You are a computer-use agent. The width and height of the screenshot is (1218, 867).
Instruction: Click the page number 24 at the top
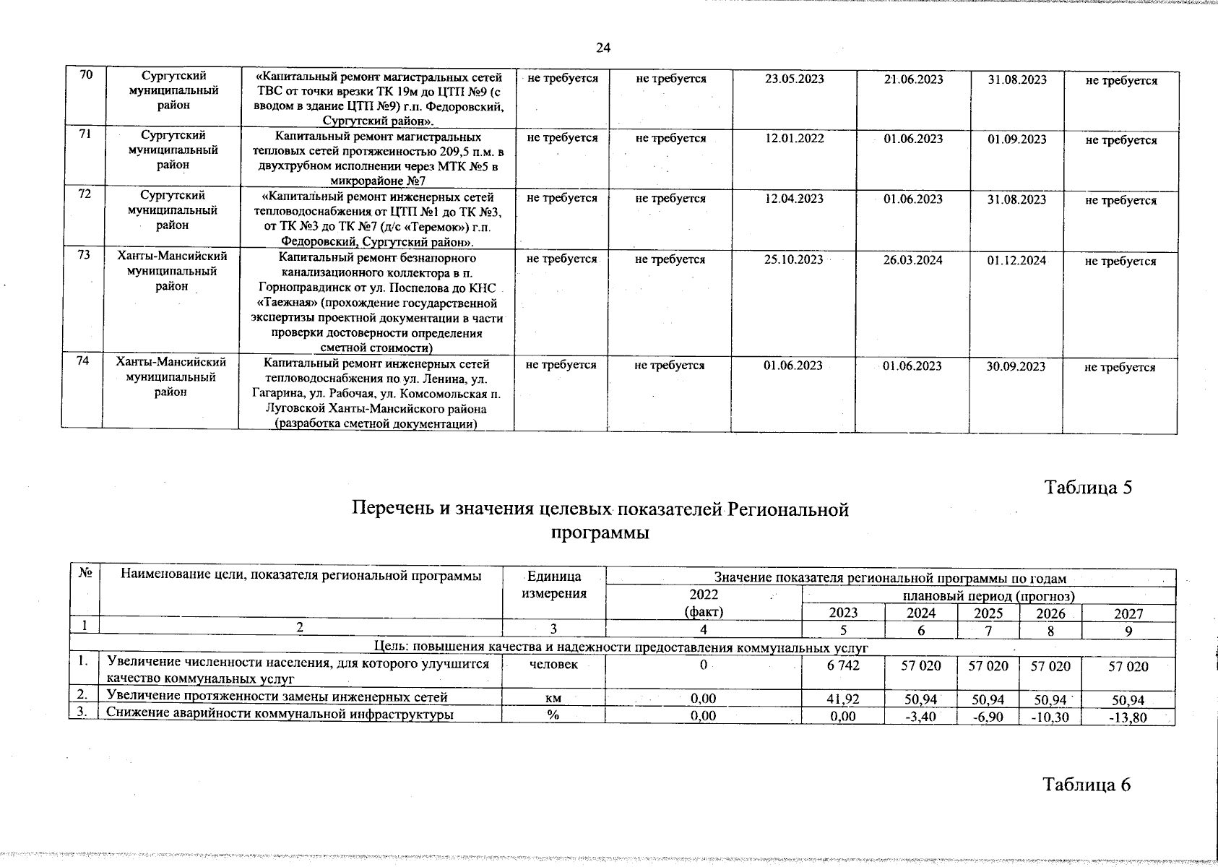tap(603, 48)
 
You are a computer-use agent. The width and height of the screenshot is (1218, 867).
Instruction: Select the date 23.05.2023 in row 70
tap(794, 79)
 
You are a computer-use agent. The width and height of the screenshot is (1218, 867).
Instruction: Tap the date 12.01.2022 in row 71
tap(794, 139)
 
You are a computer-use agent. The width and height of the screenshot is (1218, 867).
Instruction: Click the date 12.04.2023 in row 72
tap(794, 199)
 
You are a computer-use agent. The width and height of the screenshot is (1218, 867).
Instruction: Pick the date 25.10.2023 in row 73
tap(793, 259)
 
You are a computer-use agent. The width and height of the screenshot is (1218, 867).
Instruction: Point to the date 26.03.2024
tap(912, 260)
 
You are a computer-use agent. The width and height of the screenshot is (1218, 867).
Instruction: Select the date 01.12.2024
tap(1016, 260)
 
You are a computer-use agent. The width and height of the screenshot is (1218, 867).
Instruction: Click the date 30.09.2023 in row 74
tap(1016, 366)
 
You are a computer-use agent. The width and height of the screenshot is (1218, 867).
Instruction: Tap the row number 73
tap(85, 256)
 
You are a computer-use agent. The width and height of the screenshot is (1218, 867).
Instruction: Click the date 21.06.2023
tap(913, 79)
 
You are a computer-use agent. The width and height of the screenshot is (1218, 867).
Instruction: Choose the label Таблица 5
tap(1088, 488)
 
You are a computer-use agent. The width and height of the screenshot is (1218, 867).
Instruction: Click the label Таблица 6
tap(1087, 785)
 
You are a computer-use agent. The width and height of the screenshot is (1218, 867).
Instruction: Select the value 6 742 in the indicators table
tap(843, 665)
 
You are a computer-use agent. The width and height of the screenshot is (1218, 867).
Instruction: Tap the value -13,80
tap(1128, 717)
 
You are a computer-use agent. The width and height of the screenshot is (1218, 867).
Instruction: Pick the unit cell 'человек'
tap(553, 665)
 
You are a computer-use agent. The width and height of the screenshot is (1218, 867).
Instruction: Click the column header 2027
tap(1128, 613)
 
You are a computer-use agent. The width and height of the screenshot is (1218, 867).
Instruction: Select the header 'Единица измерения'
tap(553, 585)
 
